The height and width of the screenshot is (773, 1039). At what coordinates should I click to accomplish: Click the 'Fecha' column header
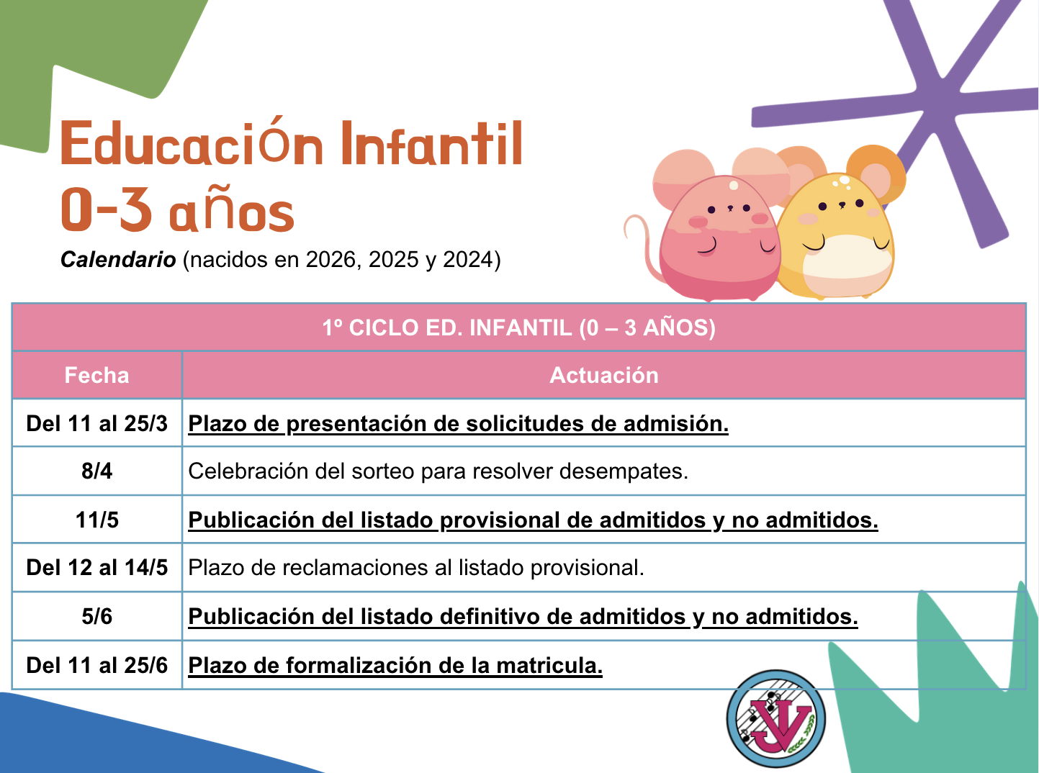point(96,375)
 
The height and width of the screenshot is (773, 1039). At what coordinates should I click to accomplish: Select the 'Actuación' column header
point(604,375)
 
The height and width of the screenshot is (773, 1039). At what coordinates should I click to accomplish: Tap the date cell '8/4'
point(96,471)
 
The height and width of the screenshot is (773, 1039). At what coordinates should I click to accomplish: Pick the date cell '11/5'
point(97,520)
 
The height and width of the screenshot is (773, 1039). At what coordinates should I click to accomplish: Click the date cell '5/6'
point(96,616)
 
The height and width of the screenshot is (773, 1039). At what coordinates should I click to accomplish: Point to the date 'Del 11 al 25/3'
point(96,423)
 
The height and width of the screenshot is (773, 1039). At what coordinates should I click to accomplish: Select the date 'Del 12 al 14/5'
point(96,567)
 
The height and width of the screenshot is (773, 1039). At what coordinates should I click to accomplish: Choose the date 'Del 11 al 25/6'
point(96,665)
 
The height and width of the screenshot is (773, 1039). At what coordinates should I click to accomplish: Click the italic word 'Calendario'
point(118,259)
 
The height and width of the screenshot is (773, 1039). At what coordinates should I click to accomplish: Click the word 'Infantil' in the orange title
point(431,143)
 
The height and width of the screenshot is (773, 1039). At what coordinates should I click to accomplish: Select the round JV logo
point(775,719)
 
